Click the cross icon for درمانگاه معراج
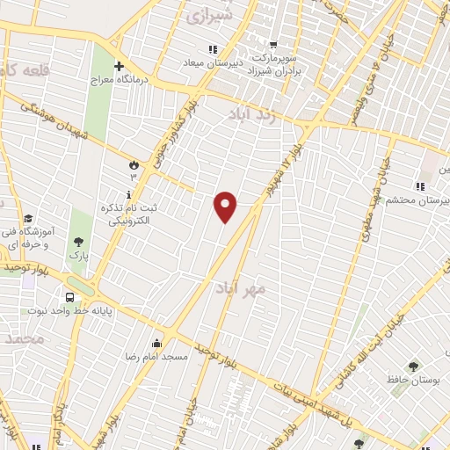click(x=120, y=66)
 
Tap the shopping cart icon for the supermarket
click(x=273, y=44)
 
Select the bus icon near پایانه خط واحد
click(x=69, y=296)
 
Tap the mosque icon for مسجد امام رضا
click(x=157, y=343)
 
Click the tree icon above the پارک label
click(x=79, y=241)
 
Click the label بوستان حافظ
click(x=412, y=380)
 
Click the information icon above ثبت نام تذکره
click(x=130, y=194)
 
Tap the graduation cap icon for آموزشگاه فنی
click(x=27, y=219)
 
